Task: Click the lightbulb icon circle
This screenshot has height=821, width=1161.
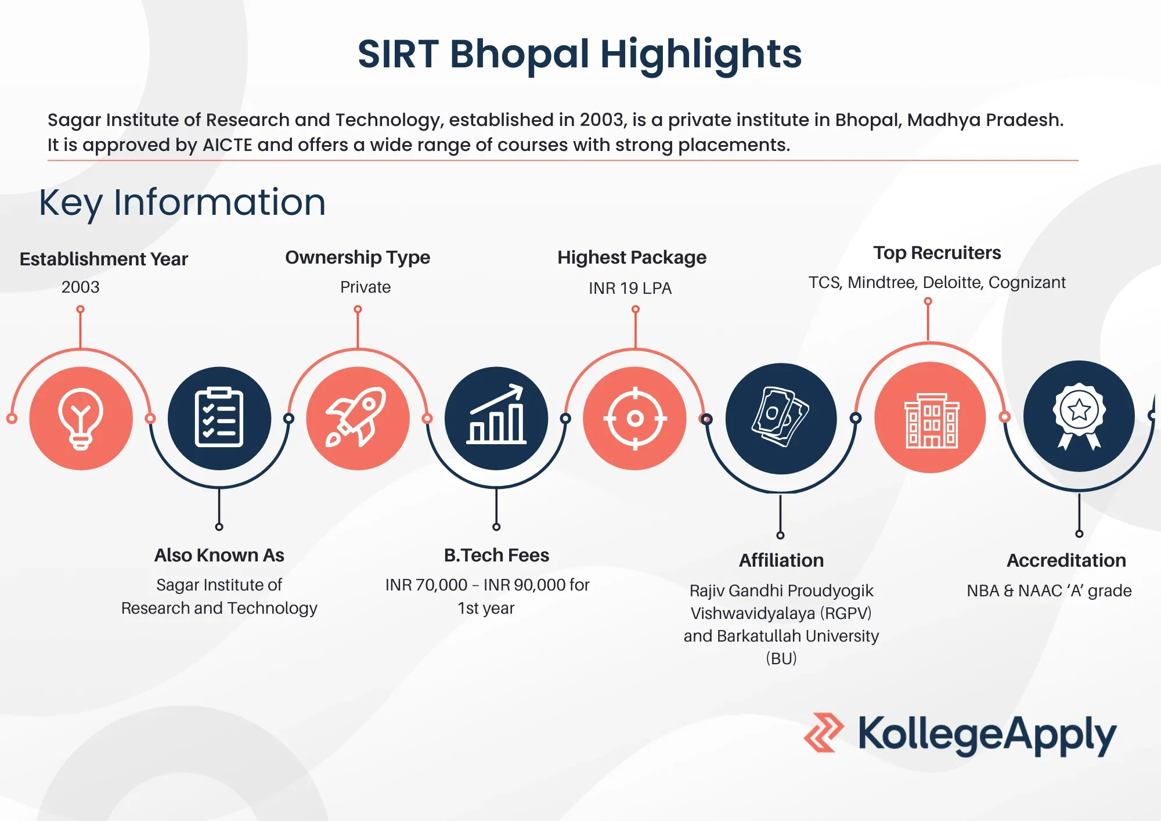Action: [x=81, y=418]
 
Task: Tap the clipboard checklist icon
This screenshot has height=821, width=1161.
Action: [x=219, y=418]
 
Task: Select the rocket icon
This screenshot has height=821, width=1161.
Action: [x=356, y=417]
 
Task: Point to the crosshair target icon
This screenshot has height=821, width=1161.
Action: [x=635, y=418]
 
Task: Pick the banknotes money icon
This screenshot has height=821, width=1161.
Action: [x=780, y=416]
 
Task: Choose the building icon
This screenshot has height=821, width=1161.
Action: [x=932, y=420]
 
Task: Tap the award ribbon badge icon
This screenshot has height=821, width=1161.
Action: [x=1079, y=416]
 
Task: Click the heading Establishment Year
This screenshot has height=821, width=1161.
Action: [x=104, y=259]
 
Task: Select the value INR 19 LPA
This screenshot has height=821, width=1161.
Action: [x=630, y=288]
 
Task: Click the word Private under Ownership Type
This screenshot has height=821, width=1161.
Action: [x=365, y=287]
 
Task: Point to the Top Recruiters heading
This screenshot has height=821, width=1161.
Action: [x=937, y=253]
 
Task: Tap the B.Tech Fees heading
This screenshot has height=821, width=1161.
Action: [x=496, y=555]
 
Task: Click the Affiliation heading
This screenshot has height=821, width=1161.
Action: [x=781, y=560]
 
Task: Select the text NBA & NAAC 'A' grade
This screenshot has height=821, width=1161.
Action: [x=1049, y=590]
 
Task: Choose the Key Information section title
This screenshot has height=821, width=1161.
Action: [x=182, y=203]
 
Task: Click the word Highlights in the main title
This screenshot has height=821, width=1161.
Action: [x=701, y=54]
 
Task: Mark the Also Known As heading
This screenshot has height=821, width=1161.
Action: [x=219, y=555]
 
